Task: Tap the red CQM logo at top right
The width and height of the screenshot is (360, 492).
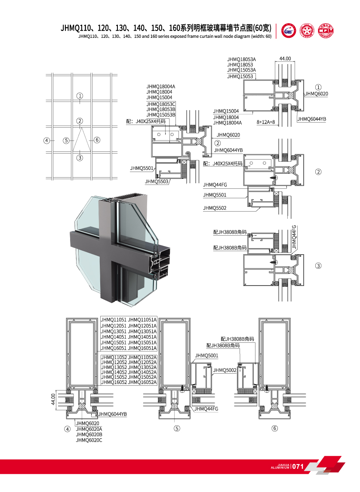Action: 326,31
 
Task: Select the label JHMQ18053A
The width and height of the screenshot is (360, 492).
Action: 241,59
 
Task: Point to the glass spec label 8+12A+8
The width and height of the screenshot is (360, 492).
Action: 266,122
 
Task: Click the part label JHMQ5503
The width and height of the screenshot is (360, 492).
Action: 156,181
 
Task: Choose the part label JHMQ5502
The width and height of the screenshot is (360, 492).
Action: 215,208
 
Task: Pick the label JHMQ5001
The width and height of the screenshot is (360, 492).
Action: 206,356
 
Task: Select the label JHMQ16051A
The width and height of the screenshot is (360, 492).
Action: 142,348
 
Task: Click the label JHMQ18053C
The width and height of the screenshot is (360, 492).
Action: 161,104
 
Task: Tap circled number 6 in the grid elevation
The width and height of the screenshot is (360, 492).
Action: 97,140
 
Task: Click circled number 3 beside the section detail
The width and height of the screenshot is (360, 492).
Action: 318,265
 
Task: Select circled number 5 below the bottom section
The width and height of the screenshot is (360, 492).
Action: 176,428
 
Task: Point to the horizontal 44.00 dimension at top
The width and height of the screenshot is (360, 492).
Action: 285,59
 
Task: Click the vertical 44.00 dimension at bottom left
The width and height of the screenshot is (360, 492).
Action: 53,400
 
